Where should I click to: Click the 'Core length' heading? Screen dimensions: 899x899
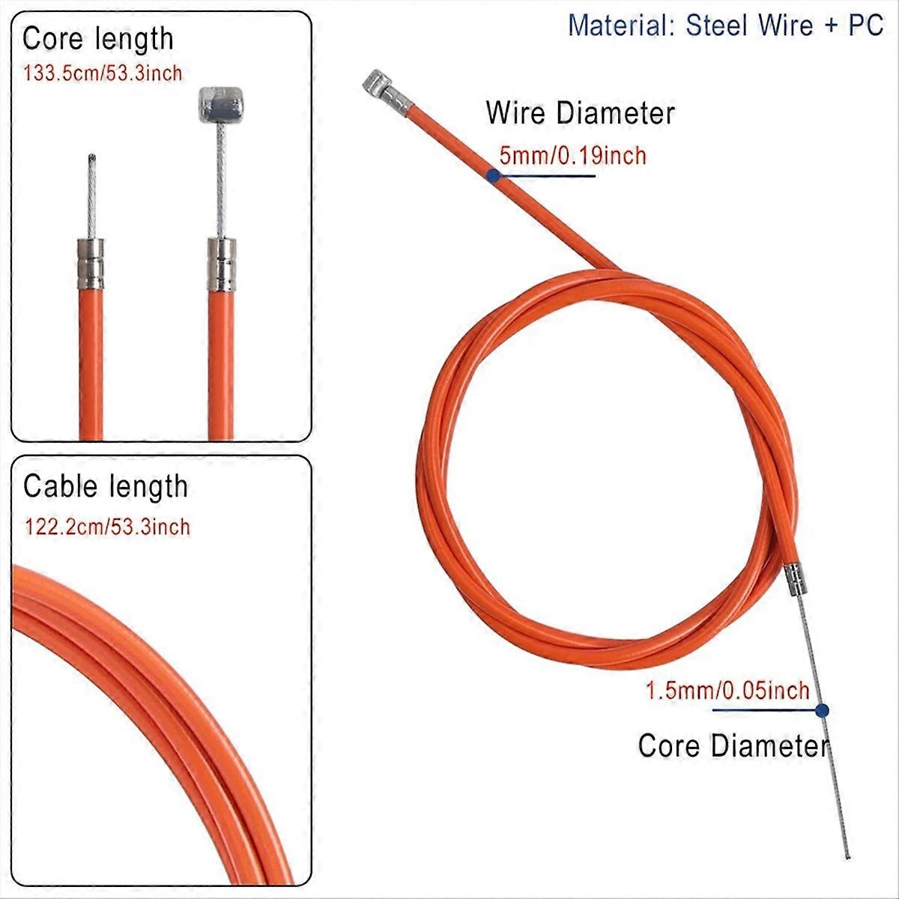98,40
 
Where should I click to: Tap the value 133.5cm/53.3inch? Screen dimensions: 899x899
103,73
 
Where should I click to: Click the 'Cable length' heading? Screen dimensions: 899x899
106,487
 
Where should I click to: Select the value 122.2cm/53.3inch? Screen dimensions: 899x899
107,527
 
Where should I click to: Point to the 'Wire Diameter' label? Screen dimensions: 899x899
580,114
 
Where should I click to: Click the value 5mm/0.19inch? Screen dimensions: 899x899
572,156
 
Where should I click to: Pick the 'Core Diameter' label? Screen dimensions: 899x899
733,746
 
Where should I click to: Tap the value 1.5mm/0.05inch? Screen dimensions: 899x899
727,690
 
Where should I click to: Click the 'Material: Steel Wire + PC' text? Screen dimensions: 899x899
725,25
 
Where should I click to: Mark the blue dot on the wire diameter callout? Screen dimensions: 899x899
493,175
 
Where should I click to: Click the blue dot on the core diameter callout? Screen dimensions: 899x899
822,709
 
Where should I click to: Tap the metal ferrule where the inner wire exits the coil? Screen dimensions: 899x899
796,581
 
